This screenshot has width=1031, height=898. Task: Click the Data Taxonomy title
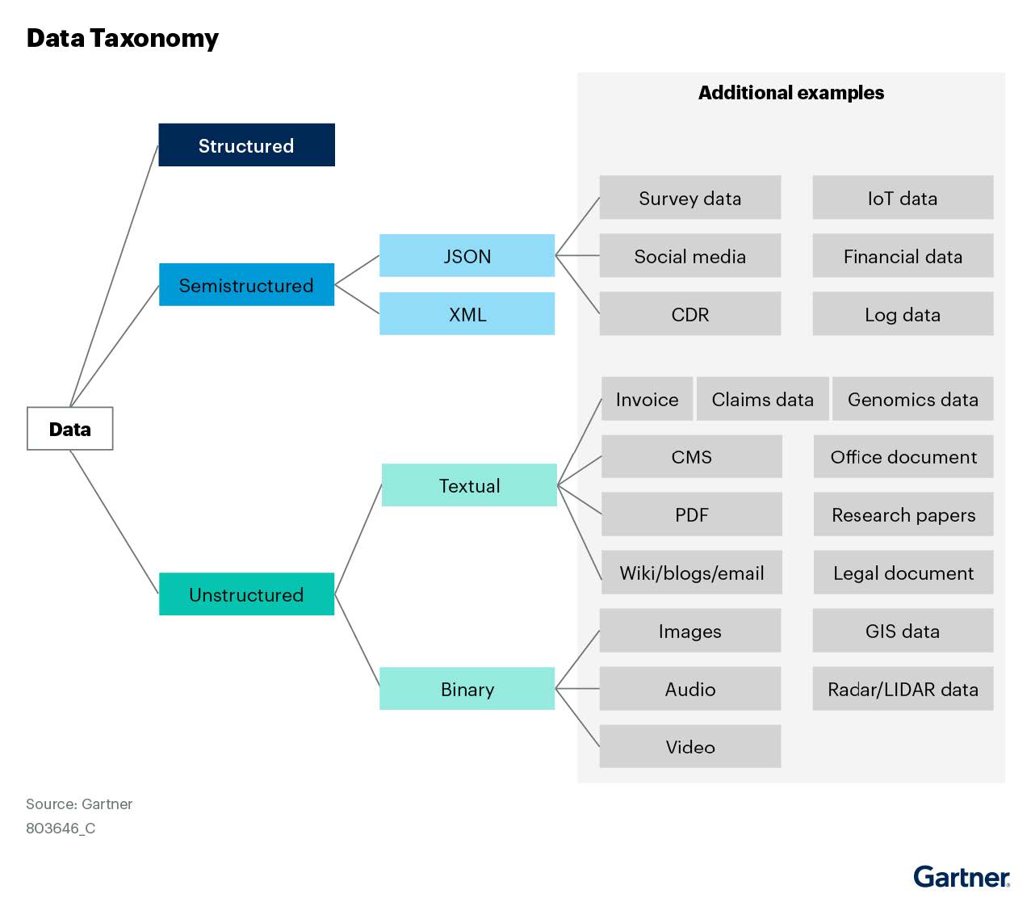(123, 39)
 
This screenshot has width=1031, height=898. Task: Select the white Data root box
(70, 429)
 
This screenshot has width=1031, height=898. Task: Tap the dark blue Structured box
(246, 145)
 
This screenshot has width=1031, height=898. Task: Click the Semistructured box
(246, 285)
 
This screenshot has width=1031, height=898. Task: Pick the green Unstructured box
(246, 594)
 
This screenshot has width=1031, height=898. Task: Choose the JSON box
(467, 256)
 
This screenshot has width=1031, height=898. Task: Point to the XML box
(467, 314)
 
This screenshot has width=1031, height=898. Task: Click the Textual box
(469, 485)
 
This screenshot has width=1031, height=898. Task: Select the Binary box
(467, 689)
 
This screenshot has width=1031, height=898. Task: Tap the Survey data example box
(689, 198)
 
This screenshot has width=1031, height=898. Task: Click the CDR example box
(689, 314)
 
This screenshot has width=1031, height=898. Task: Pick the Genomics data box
(912, 399)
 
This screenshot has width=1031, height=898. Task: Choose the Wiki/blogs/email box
(691, 573)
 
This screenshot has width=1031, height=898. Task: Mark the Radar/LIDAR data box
(903, 689)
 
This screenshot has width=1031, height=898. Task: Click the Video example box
(689, 747)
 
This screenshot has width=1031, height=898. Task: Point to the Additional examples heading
(790, 93)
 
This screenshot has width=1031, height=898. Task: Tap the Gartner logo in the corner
(961, 876)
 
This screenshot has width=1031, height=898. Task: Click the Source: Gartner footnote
(79, 804)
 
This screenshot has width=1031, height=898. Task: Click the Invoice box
(647, 399)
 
